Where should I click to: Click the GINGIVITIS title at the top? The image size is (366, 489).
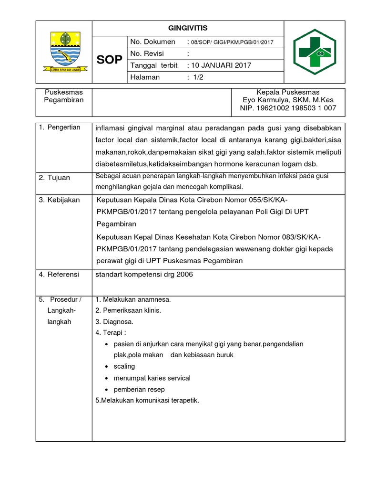tap(188, 28)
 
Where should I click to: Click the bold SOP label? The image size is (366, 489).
tap(109, 60)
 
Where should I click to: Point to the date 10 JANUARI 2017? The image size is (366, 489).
tap(221, 65)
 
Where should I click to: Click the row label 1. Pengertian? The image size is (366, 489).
tap(60, 128)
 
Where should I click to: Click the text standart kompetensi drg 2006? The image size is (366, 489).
tap(144, 275)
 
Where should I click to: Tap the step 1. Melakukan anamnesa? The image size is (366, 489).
tap(133, 300)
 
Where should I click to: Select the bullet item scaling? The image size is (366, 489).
tap(124, 366)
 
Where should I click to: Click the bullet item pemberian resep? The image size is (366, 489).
tap(139, 389)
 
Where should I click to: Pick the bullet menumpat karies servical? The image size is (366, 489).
tap(152, 378)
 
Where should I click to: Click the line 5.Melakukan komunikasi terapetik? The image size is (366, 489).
tap(147, 400)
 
